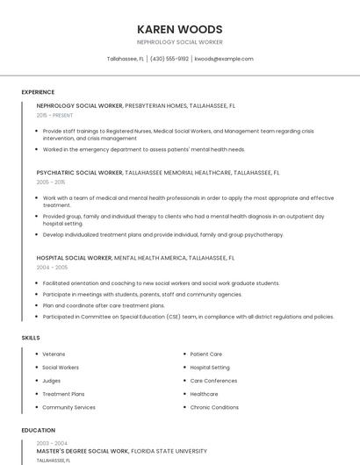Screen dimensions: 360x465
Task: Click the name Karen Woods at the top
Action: pyautogui.click(x=180, y=29)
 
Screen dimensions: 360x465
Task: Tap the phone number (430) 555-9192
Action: pyautogui.click(x=169, y=59)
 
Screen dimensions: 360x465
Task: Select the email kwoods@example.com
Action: pyautogui.click(x=224, y=59)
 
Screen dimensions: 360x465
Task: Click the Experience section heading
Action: pyautogui.click(x=38, y=92)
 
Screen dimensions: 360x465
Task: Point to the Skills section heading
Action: pyautogui.click(x=31, y=338)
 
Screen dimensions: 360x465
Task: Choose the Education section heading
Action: pyautogui.click(x=39, y=430)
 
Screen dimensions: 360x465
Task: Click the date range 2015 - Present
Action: pyautogui.click(x=54, y=115)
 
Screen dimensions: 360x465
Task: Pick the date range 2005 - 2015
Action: pyautogui.click(x=51, y=182)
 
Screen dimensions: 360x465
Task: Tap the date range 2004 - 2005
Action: pyautogui.click(x=52, y=267)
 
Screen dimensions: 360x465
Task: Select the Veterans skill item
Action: pyautogui.click(x=54, y=354)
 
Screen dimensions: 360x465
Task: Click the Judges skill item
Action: pyautogui.click(x=51, y=381)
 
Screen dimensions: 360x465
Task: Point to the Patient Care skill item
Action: pyautogui.click(x=206, y=354)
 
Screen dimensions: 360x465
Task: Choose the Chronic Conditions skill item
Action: pyautogui.click(x=214, y=407)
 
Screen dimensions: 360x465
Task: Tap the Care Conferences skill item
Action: pyautogui.click(x=213, y=381)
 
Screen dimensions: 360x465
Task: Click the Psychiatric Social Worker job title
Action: pyautogui.click(x=80, y=173)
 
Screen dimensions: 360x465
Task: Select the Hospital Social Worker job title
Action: pyautogui.click(x=75, y=258)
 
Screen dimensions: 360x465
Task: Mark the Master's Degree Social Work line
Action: pyautogui.click(x=83, y=451)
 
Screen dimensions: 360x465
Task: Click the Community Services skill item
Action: pyautogui.click(x=68, y=407)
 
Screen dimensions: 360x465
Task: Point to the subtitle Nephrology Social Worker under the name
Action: pyautogui.click(x=180, y=42)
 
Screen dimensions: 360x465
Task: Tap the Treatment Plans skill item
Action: pyautogui.click(x=63, y=394)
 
